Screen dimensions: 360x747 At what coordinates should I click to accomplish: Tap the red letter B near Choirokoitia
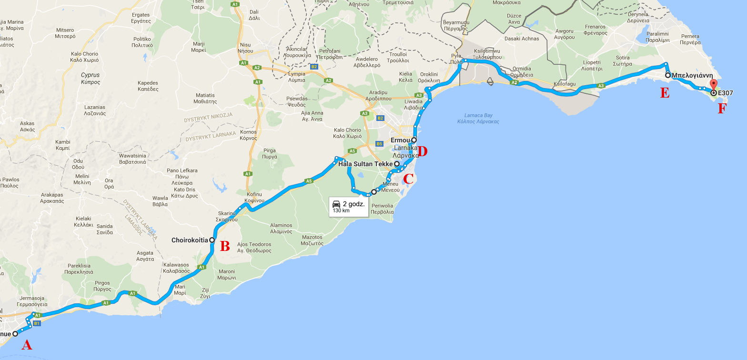click(x=225, y=246)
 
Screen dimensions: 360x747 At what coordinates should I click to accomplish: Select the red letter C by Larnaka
click(x=408, y=179)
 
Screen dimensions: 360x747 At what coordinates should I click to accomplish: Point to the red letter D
click(x=422, y=152)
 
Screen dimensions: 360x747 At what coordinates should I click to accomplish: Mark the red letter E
click(x=665, y=93)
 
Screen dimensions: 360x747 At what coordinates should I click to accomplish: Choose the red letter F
click(x=722, y=109)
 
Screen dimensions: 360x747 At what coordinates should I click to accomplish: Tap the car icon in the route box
click(x=336, y=204)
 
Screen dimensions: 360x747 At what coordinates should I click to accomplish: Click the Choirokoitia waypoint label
click(x=190, y=240)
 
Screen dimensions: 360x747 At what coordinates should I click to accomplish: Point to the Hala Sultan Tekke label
click(x=365, y=164)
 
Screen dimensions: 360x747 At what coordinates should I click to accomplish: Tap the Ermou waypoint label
click(x=400, y=140)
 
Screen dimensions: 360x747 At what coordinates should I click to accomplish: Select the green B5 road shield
click(x=379, y=143)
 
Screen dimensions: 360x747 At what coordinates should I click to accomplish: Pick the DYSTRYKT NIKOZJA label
click(x=208, y=115)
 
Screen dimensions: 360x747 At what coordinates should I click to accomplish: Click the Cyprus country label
click(x=90, y=75)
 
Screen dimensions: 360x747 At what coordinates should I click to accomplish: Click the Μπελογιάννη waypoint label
click(x=692, y=75)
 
